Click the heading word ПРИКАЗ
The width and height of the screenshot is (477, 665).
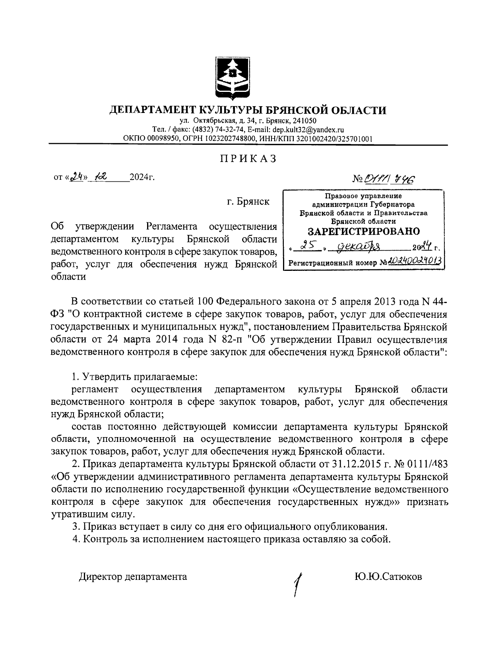248,159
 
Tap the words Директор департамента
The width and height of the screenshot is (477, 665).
133,576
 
